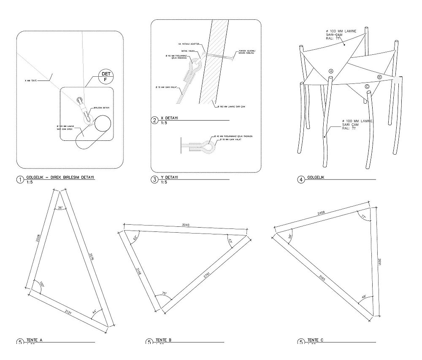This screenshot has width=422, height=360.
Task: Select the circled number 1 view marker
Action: [x=20, y=180]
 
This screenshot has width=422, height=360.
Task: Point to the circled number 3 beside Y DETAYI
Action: [x=154, y=180]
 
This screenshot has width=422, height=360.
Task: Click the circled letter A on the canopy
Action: [x=331, y=71]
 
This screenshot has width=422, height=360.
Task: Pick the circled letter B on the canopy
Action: [x=379, y=77]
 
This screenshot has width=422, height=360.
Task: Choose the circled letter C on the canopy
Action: [x=367, y=86]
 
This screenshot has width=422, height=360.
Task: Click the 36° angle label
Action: [x=60, y=208]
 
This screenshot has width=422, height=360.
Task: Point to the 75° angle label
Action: [x=164, y=293]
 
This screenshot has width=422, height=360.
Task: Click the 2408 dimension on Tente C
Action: [x=322, y=214]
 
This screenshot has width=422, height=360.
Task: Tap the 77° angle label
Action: [x=363, y=216]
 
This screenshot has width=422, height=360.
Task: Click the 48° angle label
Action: [x=364, y=296]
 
